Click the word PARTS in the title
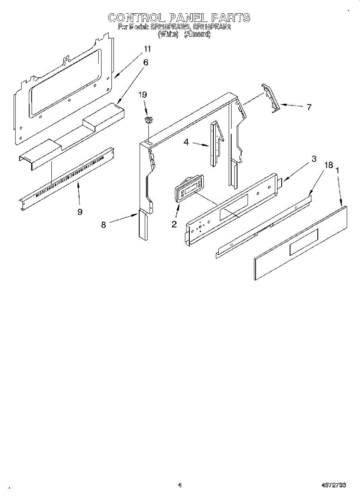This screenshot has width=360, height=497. [x=230, y=18]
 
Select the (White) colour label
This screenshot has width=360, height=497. [x=168, y=35]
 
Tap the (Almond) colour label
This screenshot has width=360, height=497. [x=197, y=35]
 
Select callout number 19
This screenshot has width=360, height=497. [x=143, y=95]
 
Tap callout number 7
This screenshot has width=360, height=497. [x=309, y=107]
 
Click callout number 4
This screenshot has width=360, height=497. [x=186, y=142]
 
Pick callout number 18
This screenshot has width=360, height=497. [x=329, y=165]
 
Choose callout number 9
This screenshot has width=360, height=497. [x=80, y=211]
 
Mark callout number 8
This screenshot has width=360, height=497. [x=104, y=224]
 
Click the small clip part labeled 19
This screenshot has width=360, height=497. [x=148, y=120]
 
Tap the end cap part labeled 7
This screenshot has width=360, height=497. [x=271, y=97]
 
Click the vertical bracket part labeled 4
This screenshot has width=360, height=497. [x=215, y=143]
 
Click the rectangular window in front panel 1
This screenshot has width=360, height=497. [x=304, y=241]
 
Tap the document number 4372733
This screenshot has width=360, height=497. [x=333, y=485]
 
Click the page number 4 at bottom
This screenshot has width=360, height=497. [x=179, y=485]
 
